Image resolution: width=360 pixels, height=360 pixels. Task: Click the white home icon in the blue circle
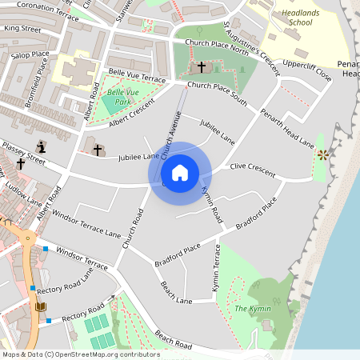pyautogui.click(x=180, y=173)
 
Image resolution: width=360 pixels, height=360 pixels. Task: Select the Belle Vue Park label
pyautogui.click(x=118, y=98)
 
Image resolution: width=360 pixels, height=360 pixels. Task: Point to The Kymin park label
pyautogui.click(x=252, y=309)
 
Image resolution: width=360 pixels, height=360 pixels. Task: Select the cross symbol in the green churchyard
pyautogui.click(x=201, y=67)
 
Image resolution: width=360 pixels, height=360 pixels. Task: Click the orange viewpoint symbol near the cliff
pyautogui.click(x=322, y=154)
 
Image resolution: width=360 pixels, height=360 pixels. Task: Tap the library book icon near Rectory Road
pyautogui.click(x=41, y=306)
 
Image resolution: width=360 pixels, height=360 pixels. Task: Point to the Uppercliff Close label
pyautogui.click(x=307, y=70)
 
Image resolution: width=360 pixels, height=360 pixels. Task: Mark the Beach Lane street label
pyautogui.click(x=176, y=293)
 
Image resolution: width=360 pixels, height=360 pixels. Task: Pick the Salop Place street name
pyautogui.click(x=30, y=57)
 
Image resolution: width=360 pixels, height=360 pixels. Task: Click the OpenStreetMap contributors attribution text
pyautogui.click(x=81, y=354)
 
